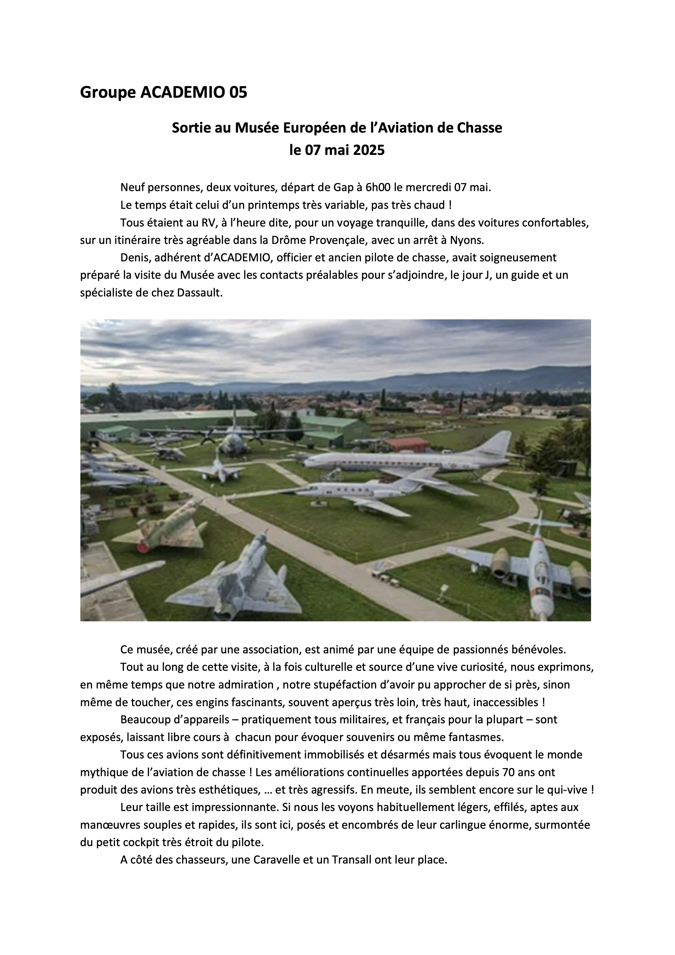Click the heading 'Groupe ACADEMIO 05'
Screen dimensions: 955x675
point(164,92)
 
